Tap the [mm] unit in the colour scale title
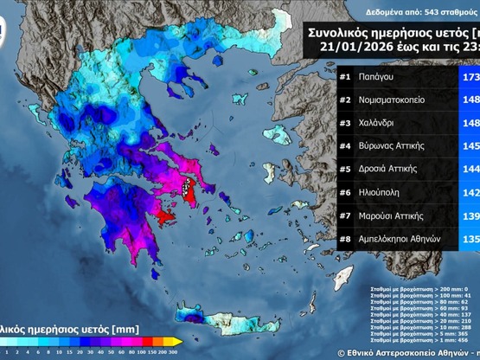[125, 329]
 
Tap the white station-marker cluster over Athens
[189, 185]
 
